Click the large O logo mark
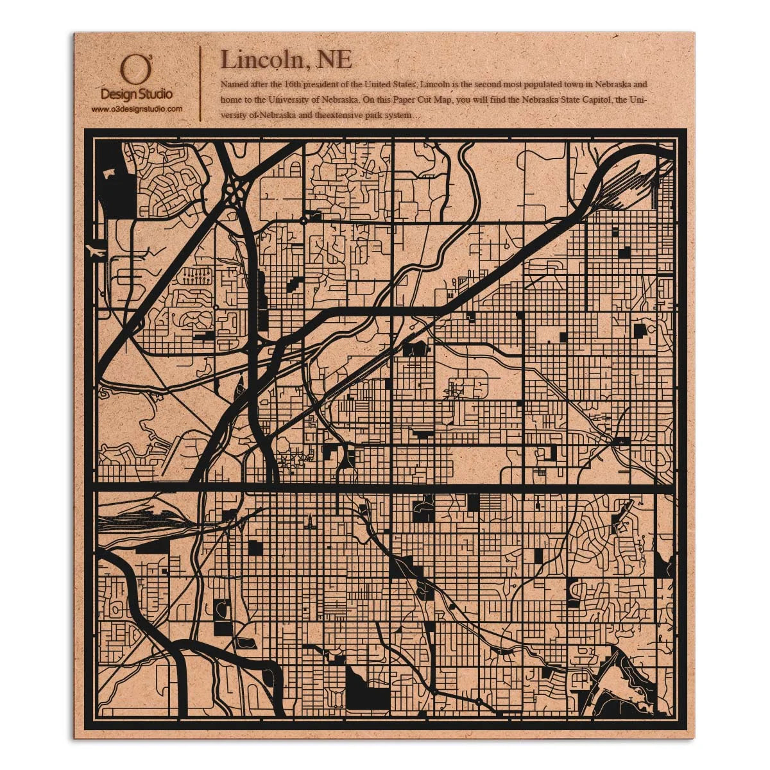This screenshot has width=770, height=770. (131, 71)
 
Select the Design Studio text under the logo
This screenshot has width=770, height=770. (136, 94)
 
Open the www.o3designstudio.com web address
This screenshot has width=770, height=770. (136, 109)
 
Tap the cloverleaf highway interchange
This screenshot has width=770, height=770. (237, 189)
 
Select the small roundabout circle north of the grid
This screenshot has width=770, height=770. (304, 221)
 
